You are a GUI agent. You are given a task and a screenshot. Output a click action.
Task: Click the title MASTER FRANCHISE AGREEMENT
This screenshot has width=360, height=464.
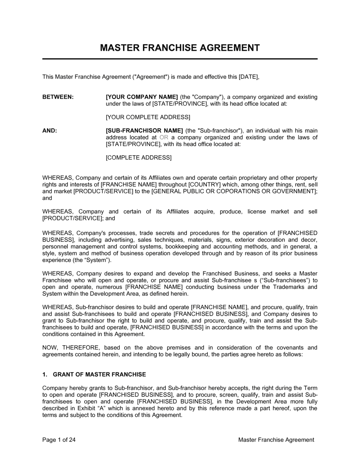click(180, 48)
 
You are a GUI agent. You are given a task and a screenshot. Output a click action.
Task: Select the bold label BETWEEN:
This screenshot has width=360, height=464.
click(58, 97)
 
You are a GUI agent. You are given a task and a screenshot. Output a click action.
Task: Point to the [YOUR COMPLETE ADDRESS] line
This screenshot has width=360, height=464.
click(148, 117)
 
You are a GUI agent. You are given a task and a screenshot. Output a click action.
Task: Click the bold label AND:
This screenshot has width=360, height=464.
click(50, 130)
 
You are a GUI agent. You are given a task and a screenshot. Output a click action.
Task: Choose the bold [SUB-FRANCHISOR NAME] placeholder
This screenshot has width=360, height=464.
click(144, 130)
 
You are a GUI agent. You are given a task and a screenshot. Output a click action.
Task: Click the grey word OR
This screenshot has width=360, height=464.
click(164, 137)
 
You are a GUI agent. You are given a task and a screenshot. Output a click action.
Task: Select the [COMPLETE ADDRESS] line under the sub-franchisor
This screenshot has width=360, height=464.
click(139, 157)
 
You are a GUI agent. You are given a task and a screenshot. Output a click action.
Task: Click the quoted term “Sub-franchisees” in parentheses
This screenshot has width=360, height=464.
click(280, 280)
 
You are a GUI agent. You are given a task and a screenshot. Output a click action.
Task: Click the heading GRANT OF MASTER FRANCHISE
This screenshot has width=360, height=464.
click(99, 374)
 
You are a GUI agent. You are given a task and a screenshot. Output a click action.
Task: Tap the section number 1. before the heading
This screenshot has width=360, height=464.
click(45, 374)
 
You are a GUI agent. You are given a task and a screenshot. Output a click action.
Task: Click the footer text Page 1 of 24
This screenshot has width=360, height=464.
click(59, 440)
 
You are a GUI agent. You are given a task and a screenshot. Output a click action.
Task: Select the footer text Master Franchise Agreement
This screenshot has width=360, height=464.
click(276, 440)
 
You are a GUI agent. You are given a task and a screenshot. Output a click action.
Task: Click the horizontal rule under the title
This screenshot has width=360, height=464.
click(180, 59)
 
